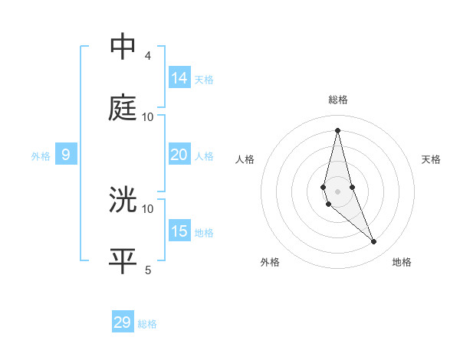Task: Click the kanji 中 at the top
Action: point(123,47)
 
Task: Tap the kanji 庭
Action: point(123,108)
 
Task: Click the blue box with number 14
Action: point(179,78)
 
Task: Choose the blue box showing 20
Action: point(179,155)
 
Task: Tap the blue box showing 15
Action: point(179,231)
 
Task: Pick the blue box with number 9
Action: point(66,155)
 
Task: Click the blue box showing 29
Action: point(123,322)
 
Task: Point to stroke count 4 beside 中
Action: point(148,56)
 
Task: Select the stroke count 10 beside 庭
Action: point(148,117)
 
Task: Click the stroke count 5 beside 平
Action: point(148,270)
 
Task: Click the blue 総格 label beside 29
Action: point(147,324)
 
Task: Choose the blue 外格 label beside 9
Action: point(41,156)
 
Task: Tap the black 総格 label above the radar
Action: point(337,100)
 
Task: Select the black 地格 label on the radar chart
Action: point(402,263)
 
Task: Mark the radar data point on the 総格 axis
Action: point(337,129)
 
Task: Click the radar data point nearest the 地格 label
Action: point(374,242)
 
